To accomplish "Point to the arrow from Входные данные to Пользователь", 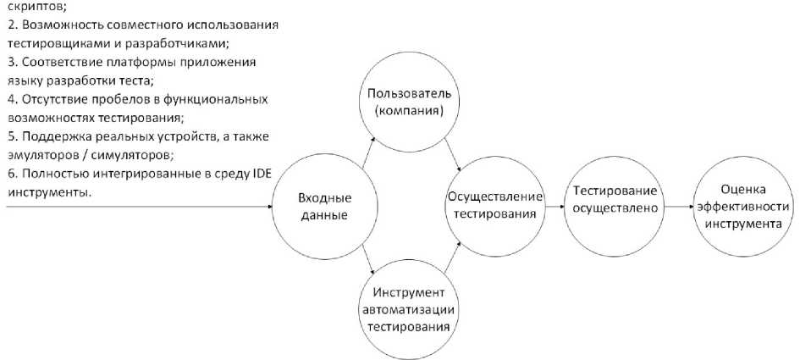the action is click(x=369, y=152).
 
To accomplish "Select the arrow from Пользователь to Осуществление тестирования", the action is click(x=453, y=155).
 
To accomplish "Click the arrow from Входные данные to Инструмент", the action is click(x=369, y=260).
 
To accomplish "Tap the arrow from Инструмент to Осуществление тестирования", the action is click(x=453, y=258).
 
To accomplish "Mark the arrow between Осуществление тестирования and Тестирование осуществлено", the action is click(x=554, y=207).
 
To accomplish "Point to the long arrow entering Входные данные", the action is click(x=140, y=207).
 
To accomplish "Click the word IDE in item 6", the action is click(x=262, y=175).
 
